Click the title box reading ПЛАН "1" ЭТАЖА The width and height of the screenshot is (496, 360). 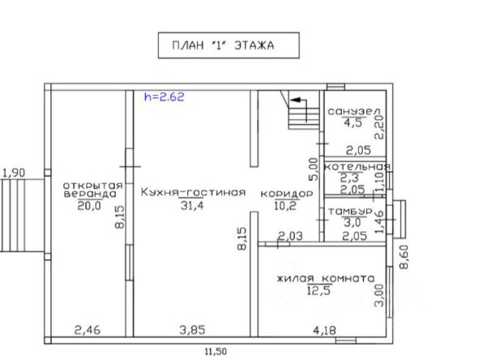click(x=229, y=45)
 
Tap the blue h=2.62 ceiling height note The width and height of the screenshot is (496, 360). click(x=164, y=96)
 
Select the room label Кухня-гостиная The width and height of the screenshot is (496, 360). click(x=193, y=192)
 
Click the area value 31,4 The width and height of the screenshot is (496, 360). click(x=192, y=206)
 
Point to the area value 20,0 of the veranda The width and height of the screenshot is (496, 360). click(x=89, y=206)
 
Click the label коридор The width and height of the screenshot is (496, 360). click(x=287, y=194)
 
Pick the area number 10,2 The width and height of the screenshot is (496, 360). click(x=285, y=206)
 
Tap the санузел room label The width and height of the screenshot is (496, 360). click(x=354, y=111)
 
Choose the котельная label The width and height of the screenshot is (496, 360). click(x=357, y=166)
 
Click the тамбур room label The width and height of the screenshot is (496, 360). click(x=350, y=212)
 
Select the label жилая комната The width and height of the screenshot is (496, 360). click(x=326, y=279)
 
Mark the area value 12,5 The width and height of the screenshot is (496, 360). click(x=319, y=290)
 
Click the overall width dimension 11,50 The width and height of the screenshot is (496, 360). click(x=216, y=351)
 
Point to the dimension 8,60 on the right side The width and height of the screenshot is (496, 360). click(x=404, y=257)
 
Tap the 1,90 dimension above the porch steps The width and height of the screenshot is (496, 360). click(x=14, y=173)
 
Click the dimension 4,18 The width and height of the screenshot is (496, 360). click(x=324, y=331)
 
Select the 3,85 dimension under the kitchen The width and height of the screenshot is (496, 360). click(x=192, y=330)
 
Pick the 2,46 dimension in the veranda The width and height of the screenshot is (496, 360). click(x=88, y=330)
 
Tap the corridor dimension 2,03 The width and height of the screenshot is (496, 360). click(x=290, y=236)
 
